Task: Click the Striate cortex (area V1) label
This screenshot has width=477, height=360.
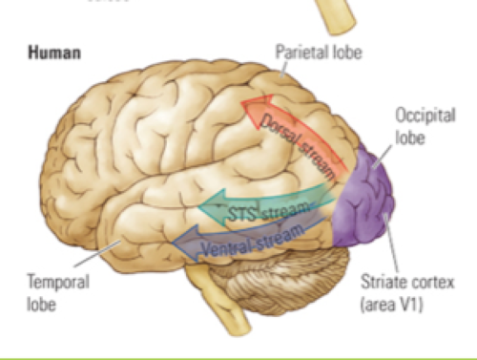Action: tap(406, 289)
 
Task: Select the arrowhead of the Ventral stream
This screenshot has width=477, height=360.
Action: tap(178, 247)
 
